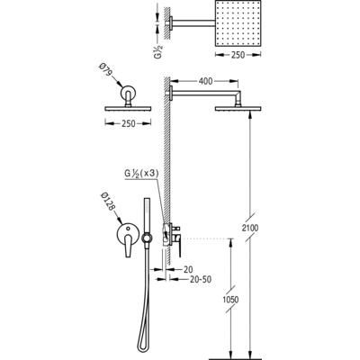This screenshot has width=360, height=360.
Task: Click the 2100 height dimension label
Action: tap(250, 228)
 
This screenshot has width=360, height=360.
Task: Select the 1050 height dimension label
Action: tap(230, 300)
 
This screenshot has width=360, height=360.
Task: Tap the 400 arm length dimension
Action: tap(205, 81)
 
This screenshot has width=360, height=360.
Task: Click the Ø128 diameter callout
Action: tap(108, 202)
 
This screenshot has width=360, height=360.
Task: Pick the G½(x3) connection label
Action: tap(141, 174)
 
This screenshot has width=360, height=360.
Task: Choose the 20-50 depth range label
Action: tap(201, 280)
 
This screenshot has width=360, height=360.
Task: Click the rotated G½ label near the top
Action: tap(158, 51)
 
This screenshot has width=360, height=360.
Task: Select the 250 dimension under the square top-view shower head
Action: tap(238, 55)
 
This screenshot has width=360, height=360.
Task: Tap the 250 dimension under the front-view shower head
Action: tap(128, 123)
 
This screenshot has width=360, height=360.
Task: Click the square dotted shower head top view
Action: tap(238, 23)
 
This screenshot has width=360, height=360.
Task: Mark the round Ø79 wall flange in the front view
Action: tap(129, 93)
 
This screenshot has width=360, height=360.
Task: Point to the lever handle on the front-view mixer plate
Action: tap(128, 245)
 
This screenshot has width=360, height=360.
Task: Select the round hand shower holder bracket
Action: tap(147, 238)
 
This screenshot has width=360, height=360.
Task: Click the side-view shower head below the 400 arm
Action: tap(238, 109)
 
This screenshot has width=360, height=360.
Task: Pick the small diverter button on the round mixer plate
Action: tap(129, 229)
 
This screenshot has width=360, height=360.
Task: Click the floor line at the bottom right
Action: tap(236, 358)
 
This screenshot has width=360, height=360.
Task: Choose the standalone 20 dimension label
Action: tap(188, 270)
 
